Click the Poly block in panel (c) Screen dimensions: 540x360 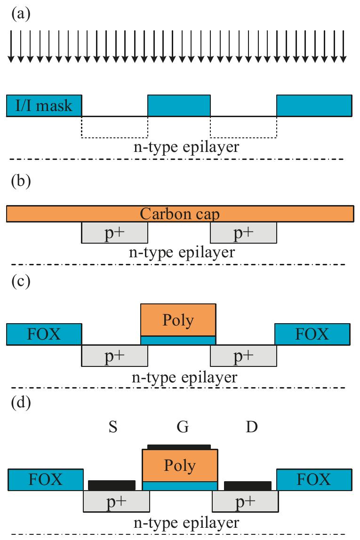coord(178,320)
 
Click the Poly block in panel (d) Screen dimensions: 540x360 coord(180,465)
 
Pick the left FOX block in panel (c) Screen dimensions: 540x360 coord(44,334)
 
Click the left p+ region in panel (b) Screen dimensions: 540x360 coord(114,233)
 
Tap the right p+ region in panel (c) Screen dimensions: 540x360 coord(243,356)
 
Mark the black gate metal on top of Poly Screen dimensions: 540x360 coord(179,446)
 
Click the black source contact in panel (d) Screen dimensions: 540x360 coord(112,485)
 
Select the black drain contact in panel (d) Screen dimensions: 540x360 coord(248,485)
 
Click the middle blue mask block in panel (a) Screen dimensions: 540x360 coord(179,105)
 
